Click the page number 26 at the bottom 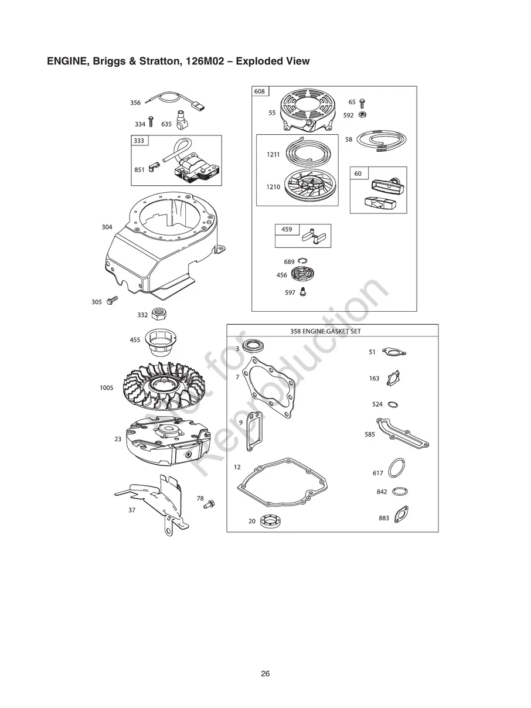[x=265, y=674]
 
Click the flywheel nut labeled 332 [x=157, y=314]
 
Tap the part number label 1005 [x=107, y=387]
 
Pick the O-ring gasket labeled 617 [x=397, y=469]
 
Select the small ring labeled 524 [x=394, y=404]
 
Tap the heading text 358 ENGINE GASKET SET [x=325, y=331]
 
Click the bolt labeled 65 [x=362, y=103]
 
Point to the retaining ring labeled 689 [x=304, y=261]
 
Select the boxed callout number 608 [x=260, y=91]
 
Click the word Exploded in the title [x=256, y=61]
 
